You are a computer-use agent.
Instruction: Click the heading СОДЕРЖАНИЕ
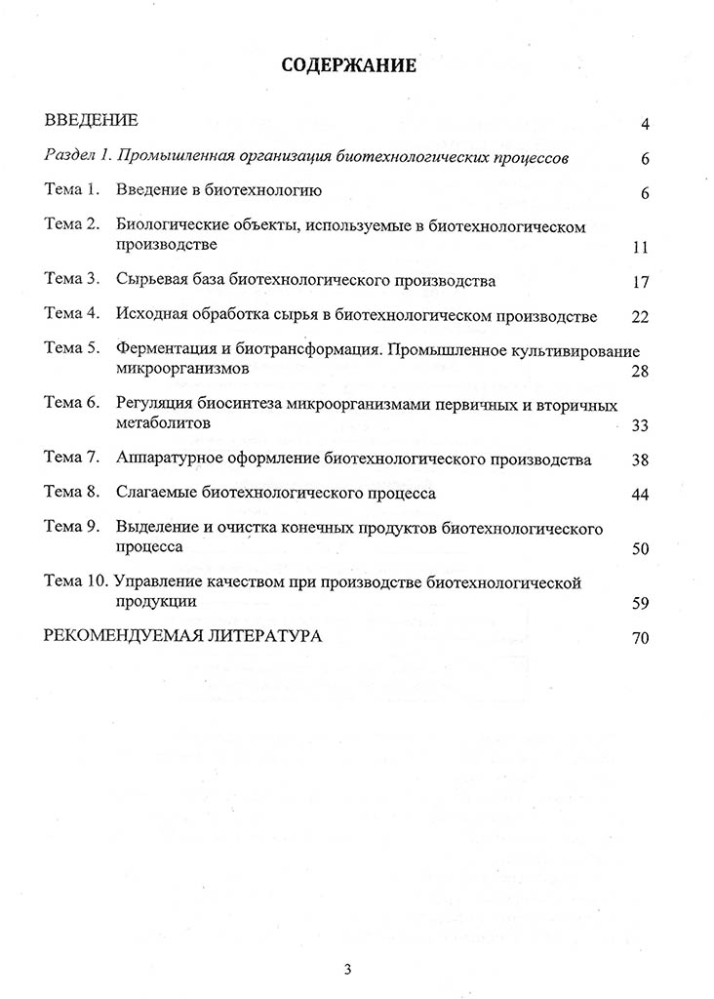[348, 66]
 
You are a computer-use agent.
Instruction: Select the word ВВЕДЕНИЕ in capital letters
[92, 121]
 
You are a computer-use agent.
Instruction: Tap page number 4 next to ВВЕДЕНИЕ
[645, 124]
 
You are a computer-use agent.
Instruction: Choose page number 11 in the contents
[641, 247]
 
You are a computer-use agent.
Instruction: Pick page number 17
[641, 283]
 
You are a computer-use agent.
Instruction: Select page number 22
[641, 317]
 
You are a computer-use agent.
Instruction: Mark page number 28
[641, 372]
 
